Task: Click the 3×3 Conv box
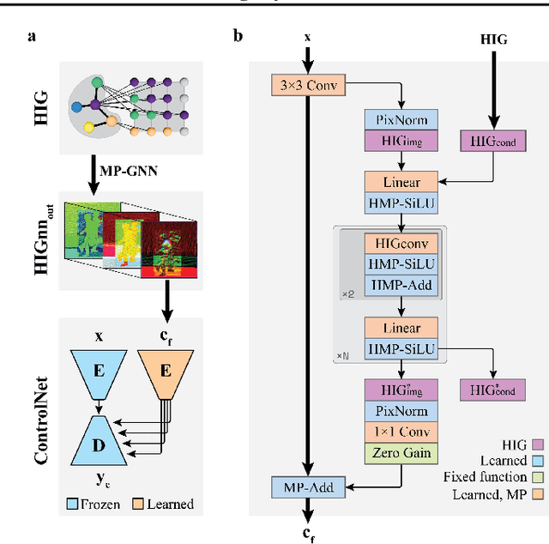coord(296,86)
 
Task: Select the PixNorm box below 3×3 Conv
coord(401,119)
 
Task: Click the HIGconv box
coord(401,245)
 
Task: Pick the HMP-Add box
coord(401,284)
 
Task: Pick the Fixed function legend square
coord(539,477)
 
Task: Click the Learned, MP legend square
coord(539,495)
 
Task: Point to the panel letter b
coord(238,37)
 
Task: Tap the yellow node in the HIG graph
coord(89,126)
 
